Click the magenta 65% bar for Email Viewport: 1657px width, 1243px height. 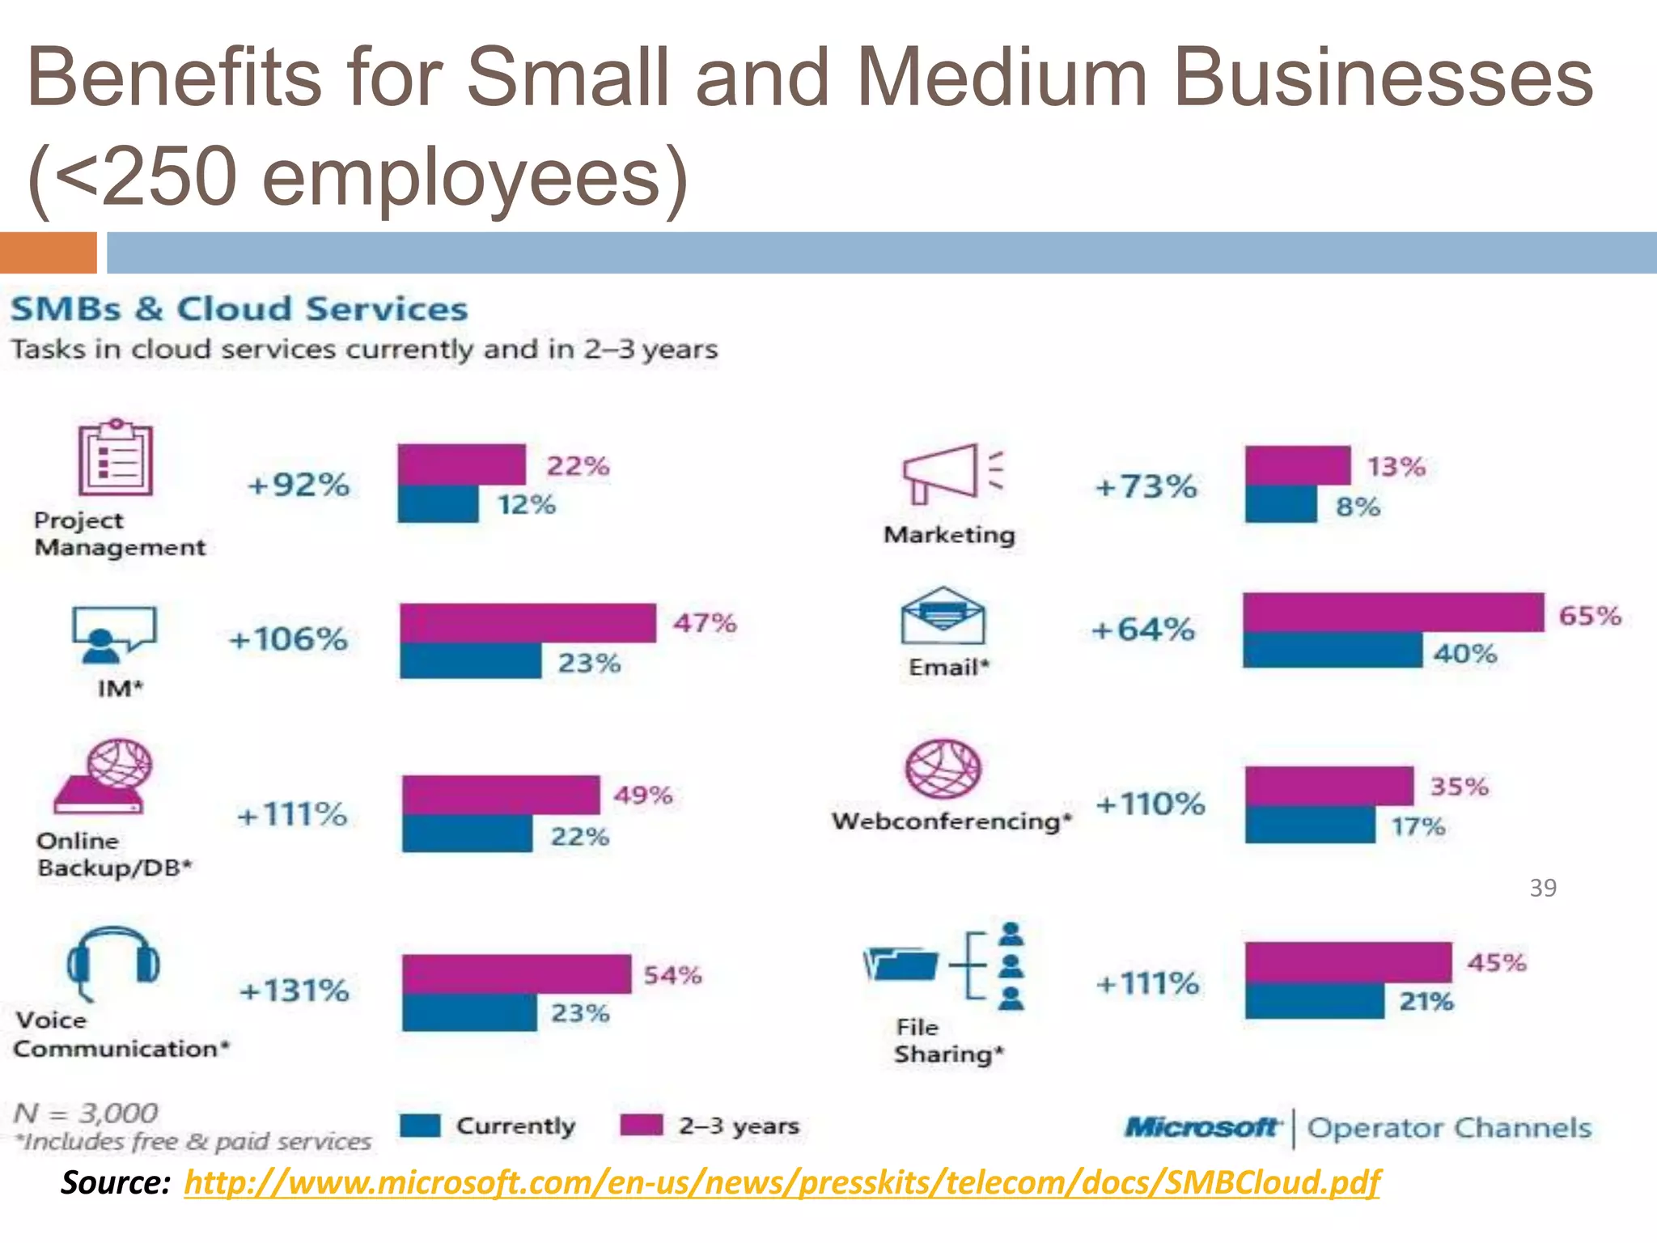[1393, 613]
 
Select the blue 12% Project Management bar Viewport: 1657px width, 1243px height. [438, 504]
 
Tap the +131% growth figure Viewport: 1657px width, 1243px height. [295, 991]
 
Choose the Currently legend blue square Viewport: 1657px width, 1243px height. [420, 1126]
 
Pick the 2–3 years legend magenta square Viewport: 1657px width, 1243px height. [641, 1126]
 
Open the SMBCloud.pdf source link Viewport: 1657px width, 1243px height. [782, 1182]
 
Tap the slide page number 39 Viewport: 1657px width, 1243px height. [1542, 889]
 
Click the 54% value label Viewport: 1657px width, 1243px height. [672, 975]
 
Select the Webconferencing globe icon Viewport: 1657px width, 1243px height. [943, 769]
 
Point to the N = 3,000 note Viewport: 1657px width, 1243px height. [86, 1114]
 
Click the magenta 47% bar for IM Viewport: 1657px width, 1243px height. [528, 623]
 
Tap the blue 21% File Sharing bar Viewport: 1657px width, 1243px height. [1315, 1001]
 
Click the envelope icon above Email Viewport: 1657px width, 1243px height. [943, 616]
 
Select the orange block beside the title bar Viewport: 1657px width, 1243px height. [48, 252]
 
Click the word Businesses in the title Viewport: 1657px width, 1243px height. [1383, 78]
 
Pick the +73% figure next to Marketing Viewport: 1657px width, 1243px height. [1146, 487]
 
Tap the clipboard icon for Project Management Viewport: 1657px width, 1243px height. [115, 458]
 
